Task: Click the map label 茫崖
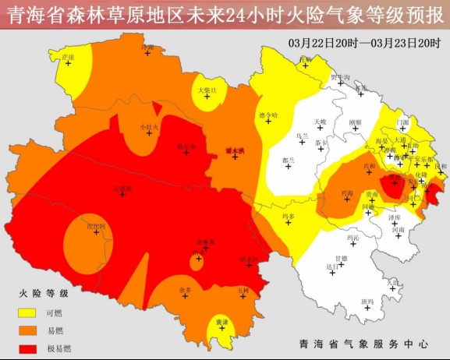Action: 68,57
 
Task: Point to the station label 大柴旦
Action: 207,90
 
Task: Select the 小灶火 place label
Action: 149,126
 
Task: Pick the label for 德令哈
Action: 268,115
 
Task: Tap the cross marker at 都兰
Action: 289,166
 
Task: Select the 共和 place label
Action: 370,166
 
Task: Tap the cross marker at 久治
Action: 394,287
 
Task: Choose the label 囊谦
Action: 223,322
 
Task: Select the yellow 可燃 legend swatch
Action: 28,312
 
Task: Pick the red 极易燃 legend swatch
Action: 28,348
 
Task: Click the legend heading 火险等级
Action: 44,293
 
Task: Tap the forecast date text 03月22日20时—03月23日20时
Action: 364,42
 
